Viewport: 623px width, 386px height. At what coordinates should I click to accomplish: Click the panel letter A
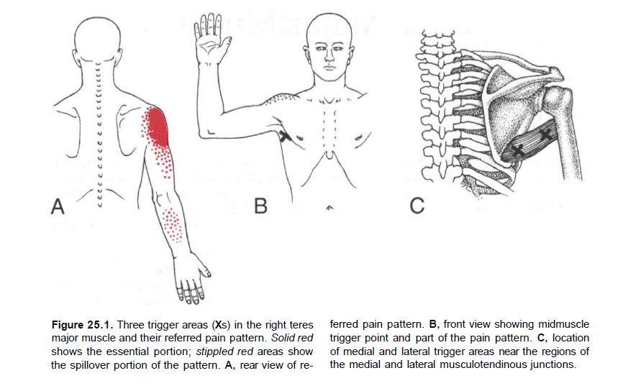(58, 208)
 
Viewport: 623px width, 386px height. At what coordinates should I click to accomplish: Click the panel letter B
(260, 208)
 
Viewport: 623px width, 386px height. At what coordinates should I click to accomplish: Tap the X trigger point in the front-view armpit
(286, 137)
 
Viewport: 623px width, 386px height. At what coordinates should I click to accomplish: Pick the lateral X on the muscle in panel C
(546, 134)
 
